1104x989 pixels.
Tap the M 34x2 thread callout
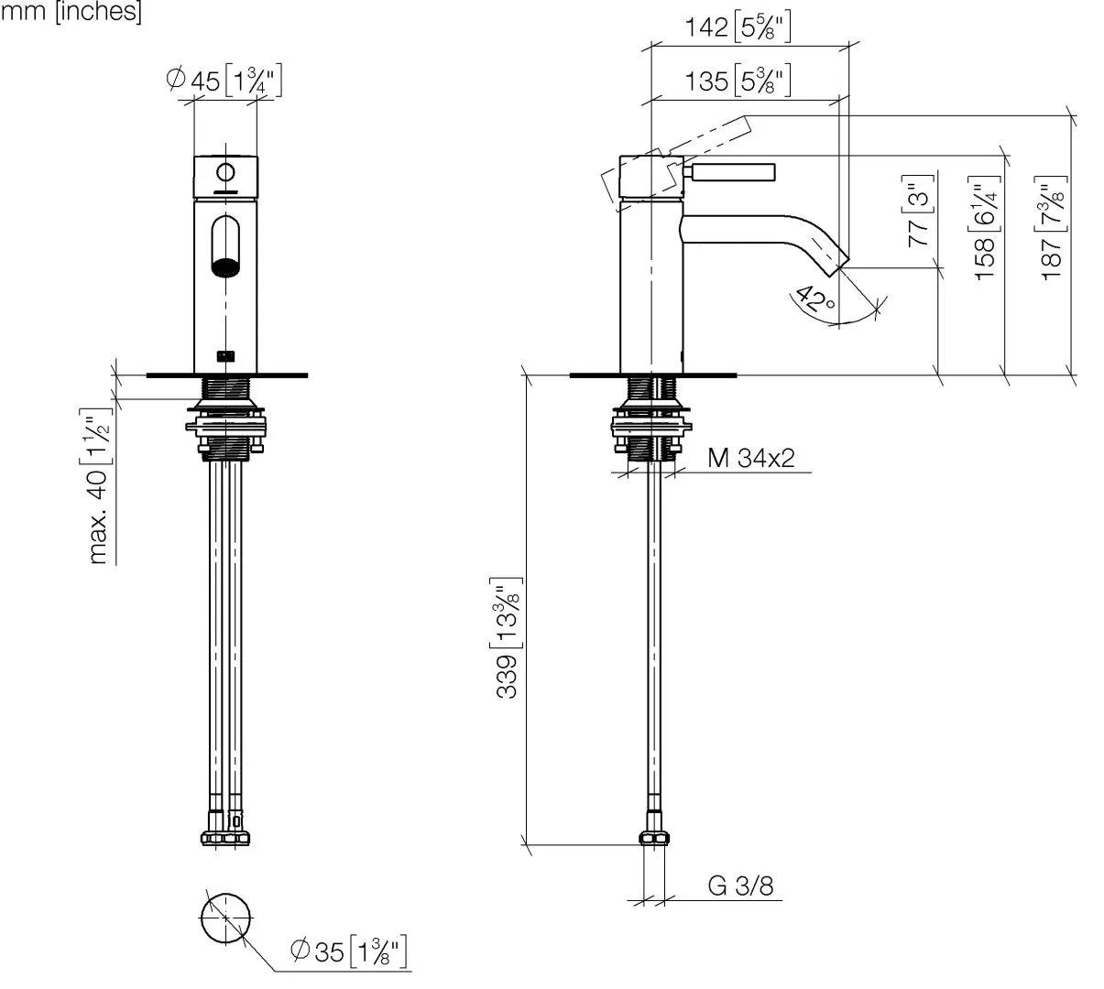pyautogui.click(x=751, y=458)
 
